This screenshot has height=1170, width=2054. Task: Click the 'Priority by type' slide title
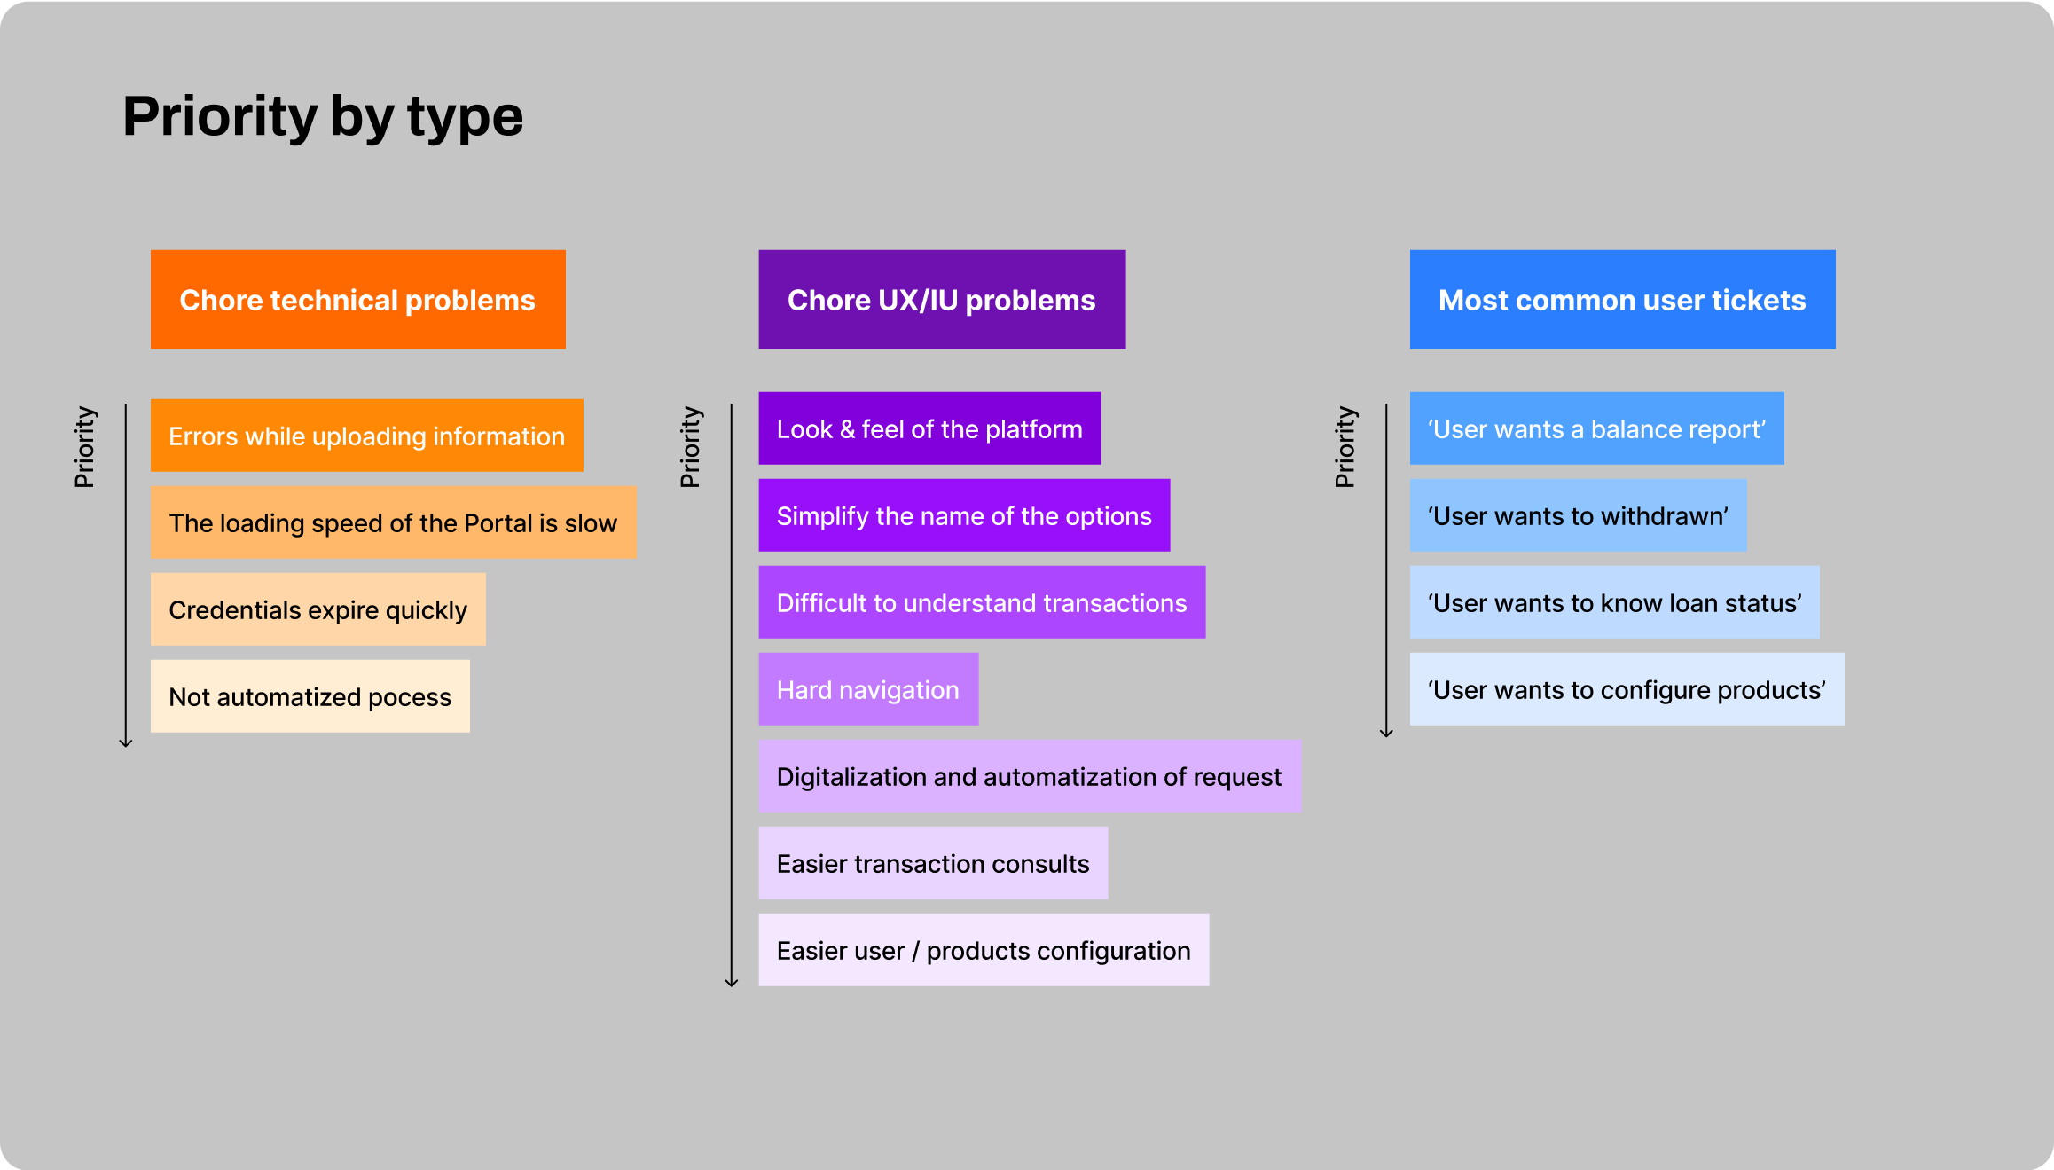[x=323, y=116]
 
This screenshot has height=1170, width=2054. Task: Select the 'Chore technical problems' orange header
[x=357, y=300]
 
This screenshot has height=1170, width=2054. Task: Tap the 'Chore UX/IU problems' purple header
[x=942, y=300]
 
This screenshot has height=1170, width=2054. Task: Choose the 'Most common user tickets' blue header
[x=1622, y=300]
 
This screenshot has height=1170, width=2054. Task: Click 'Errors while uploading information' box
[x=366, y=436]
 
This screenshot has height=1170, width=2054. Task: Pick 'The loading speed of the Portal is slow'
[x=393, y=522]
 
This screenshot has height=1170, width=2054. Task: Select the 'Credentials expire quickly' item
[x=318, y=609]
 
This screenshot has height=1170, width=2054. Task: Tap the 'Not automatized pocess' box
[x=310, y=696]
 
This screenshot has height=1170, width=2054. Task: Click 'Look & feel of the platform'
[x=929, y=428]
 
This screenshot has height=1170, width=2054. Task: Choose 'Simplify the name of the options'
[x=964, y=515]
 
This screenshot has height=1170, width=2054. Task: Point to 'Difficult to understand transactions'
[x=982, y=602]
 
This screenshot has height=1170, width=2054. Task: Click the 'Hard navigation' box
[x=868, y=689]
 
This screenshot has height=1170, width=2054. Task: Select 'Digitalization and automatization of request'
[x=1030, y=776]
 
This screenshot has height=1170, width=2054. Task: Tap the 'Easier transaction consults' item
[x=933, y=863]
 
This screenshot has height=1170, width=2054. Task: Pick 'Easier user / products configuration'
[x=984, y=950]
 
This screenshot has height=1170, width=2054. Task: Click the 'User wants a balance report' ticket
[x=1596, y=428]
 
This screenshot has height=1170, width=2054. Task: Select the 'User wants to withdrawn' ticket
[x=1578, y=515]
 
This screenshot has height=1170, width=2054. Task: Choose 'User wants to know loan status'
[x=1614, y=602]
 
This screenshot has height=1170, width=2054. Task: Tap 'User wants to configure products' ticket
[x=1627, y=689]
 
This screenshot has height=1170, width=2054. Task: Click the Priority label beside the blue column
[x=1345, y=447]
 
